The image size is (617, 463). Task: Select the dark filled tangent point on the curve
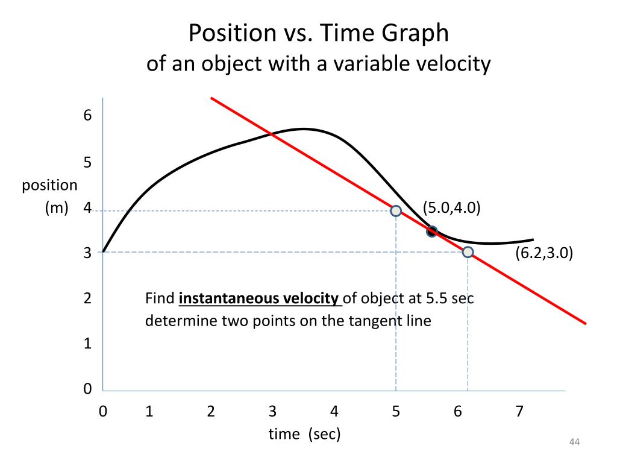pos(431,231)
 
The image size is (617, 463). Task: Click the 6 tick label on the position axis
pos(88,115)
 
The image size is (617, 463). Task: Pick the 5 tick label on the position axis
pos(88,163)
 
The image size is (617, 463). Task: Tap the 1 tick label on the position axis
pos(88,344)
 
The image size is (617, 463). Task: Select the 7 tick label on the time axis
pos(519,412)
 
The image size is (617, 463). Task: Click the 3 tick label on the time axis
pos(273,412)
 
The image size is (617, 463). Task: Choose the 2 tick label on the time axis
pos(211,412)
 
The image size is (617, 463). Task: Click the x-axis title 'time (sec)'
pos(304,433)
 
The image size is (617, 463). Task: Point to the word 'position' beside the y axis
pos(50,186)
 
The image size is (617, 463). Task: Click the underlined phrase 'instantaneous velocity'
pos(260,298)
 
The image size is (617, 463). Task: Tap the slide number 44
pos(574,444)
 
